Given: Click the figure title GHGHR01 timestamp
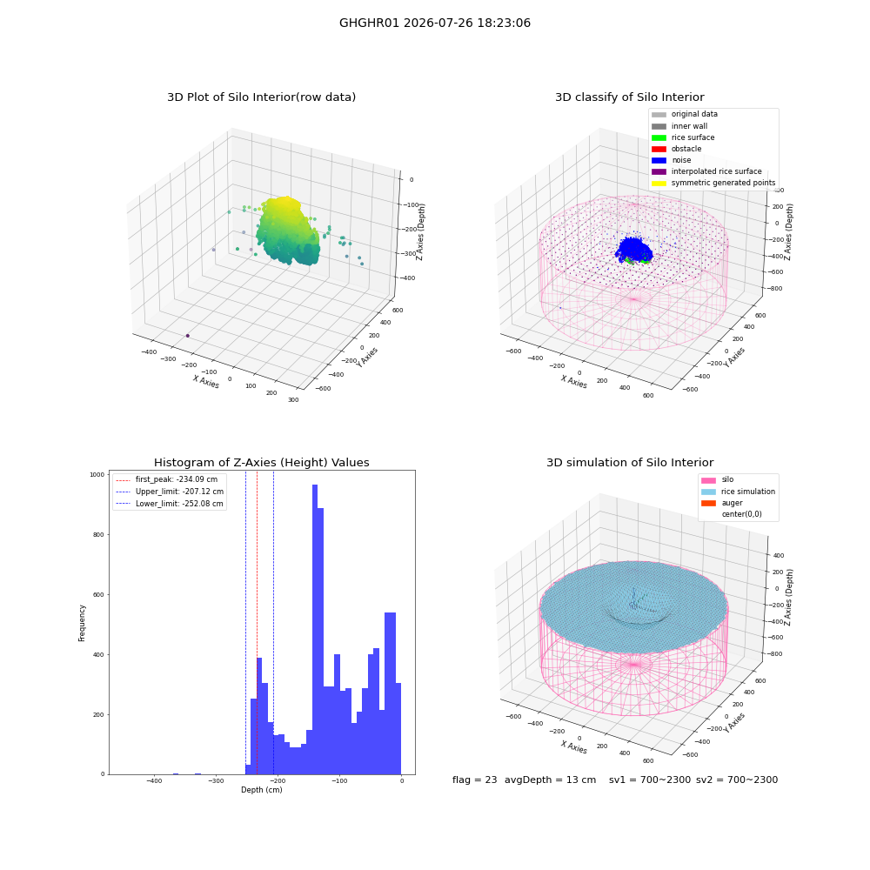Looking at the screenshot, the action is pos(435,23).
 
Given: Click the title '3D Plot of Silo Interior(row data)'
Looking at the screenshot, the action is pos(261,97).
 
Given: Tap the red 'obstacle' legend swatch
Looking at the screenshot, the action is pos(659,149).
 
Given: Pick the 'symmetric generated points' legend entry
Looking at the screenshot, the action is pos(713,183).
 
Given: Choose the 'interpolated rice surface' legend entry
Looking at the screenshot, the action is pos(706,171).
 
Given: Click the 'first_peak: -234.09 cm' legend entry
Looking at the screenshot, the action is pos(166,479).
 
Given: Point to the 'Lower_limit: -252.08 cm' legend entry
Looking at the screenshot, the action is pos(170,504).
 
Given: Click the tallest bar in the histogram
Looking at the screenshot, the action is pos(315,629).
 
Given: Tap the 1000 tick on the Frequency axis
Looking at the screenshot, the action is pos(97,474).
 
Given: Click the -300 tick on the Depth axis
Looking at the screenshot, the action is pos(216,780).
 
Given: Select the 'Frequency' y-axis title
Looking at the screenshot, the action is pos(82,623).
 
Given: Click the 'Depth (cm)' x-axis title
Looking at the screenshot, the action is pos(261,790).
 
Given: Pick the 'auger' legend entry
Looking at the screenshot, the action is pos(722,503).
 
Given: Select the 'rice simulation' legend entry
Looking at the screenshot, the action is pos(738,492).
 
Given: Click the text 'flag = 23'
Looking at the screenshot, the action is pos(474,780).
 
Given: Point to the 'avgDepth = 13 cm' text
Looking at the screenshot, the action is pos(550,780).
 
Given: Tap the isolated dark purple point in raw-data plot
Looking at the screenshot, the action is pos(188,336).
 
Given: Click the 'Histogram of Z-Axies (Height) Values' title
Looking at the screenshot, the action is pos(261,462).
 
